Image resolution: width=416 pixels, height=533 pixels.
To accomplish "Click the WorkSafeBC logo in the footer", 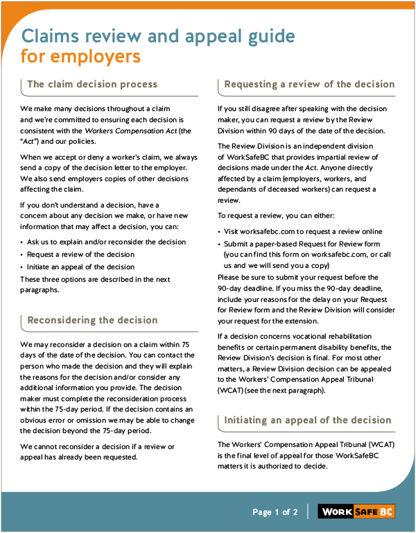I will click(x=356, y=512).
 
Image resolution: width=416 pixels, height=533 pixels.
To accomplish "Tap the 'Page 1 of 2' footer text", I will click(x=275, y=512).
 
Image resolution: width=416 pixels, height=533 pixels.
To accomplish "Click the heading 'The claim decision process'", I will click(x=92, y=85).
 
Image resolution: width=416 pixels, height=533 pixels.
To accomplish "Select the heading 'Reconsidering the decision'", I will click(x=92, y=321).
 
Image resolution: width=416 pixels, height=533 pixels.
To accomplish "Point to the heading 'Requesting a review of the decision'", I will click(x=309, y=85).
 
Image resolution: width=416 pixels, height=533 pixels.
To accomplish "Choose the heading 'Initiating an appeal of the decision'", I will click(x=308, y=421).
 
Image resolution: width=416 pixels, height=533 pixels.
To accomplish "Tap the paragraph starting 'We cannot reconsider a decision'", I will click(x=97, y=452).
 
